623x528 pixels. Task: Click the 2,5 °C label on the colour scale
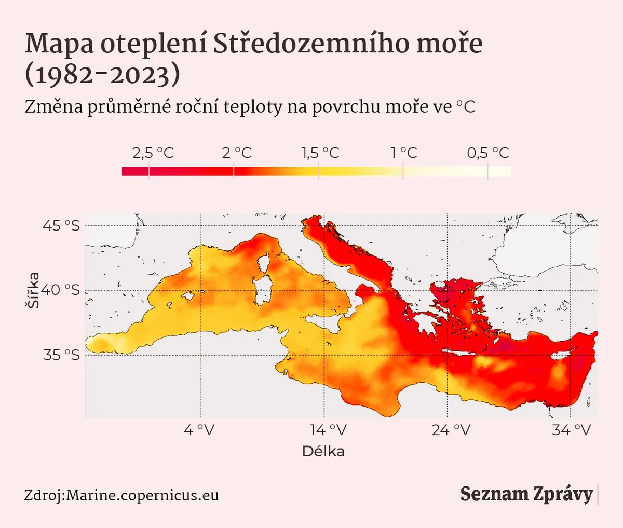click(153, 153)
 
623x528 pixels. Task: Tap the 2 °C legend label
click(237, 153)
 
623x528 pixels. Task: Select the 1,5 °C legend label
click(320, 153)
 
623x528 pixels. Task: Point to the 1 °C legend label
click(404, 153)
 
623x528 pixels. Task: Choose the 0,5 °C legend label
click(488, 153)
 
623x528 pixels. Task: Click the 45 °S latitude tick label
click(61, 225)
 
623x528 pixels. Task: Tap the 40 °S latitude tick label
click(60, 290)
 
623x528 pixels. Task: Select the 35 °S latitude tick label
click(61, 355)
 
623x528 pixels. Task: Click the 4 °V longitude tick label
click(199, 430)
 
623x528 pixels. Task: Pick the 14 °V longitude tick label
click(329, 430)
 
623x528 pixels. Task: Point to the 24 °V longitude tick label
click(451, 430)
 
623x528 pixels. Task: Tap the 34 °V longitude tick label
click(572, 430)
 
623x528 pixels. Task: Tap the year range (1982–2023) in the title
click(102, 75)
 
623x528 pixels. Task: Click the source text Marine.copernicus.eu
click(143, 495)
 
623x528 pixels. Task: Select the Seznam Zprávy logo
click(526, 495)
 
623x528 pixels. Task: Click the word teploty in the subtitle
click(253, 107)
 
